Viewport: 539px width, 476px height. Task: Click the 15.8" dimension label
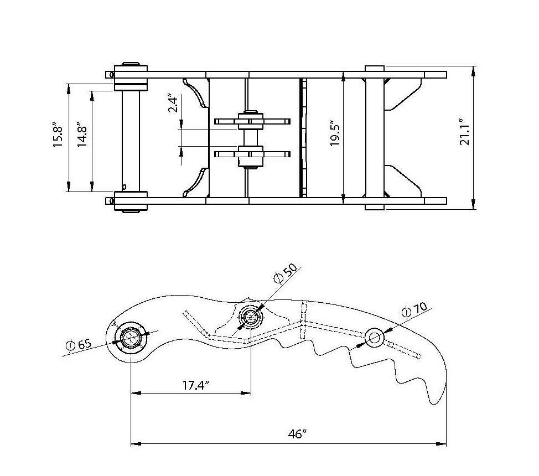(58, 138)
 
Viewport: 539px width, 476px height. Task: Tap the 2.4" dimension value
(173, 104)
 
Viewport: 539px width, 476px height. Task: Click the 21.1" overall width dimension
(464, 133)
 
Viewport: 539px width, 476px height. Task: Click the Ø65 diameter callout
(78, 345)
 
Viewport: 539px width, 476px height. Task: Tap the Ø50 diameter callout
(286, 273)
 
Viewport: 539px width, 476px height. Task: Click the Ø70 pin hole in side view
(374, 337)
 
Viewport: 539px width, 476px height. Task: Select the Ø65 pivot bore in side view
(131, 337)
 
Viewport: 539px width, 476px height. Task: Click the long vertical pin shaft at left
(131, 138)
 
